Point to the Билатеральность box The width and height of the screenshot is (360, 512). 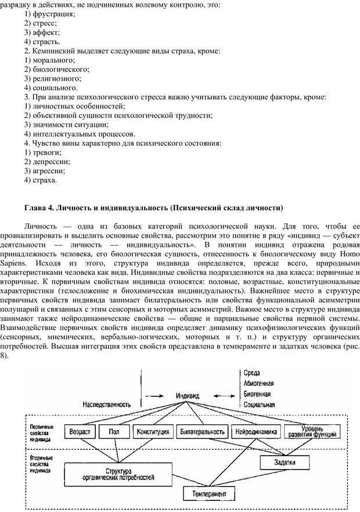point(202,432)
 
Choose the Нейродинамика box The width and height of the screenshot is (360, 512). point(257,432)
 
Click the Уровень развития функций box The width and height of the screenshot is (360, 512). point(314,431)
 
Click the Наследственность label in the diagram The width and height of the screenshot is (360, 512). point(106,403)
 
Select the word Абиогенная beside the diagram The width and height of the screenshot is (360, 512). point(259,383)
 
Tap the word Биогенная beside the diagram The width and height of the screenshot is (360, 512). point(257,393)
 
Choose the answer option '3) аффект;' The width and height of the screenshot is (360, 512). point(42,33)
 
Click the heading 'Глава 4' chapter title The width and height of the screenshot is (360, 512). point(153,207)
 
